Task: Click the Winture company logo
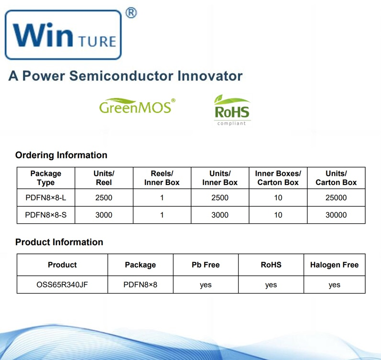click(x=63, y=35)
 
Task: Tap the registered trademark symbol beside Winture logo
click(x=131, y=13)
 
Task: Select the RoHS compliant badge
click(x=232, y=110)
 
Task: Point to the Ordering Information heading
click(x=61, y=155)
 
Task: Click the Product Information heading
click(x=59, y=242)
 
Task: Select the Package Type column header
click(x=46, y=178)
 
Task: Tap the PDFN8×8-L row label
click(x=46, y=197)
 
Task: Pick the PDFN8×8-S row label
click(x=46, y=215)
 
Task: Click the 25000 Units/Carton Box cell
click(x=336, y=197)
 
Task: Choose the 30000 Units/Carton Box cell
click(x=336, y=215)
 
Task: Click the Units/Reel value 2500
click(x=104, y=197)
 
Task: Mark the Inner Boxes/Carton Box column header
click(x=278, y=178)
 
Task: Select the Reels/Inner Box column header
click(x=162, y=178)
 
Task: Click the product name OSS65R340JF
click(x=62, y=284)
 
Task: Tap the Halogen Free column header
click(x=334, y=265)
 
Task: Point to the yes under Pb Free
click(x=206, y=285)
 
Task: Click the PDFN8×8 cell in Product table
click(x=140, y=284)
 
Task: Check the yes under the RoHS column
click(x=271, y=285)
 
